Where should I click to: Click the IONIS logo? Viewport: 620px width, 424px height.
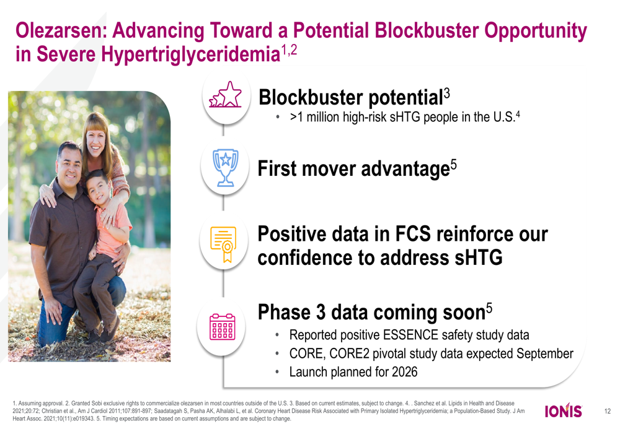click(x=563, y=410)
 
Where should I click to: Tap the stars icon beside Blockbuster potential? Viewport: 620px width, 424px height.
click(x=225, y=95)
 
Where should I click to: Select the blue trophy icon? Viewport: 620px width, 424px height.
click(x=226, y=168)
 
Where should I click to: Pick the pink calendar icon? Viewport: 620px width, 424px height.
click(x=222, y=327)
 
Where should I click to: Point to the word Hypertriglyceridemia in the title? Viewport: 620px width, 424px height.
click(x=190, y=54)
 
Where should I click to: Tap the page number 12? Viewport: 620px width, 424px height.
click(x=608, y=412)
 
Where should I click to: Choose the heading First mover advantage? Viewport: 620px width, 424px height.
click(x=354, y=168)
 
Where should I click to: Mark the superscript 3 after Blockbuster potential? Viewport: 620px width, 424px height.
click(x=446, y=93)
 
